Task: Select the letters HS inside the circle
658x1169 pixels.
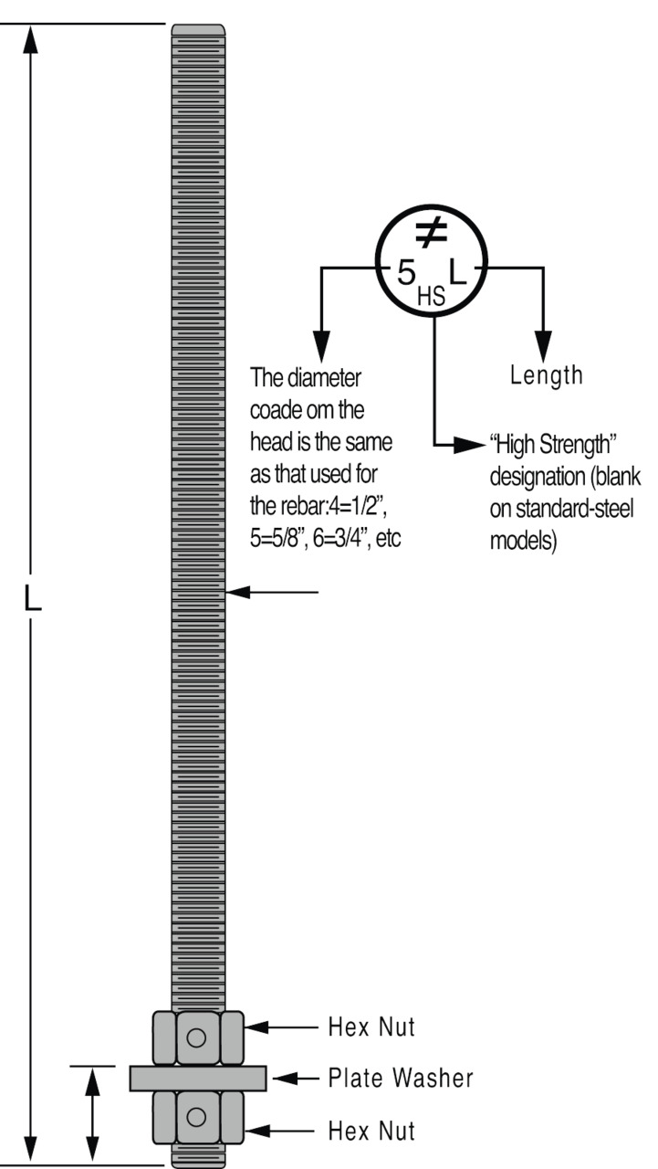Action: coord(431,294)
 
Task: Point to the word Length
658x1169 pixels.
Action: coord(546,374)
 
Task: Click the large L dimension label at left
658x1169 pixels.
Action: coord(32,600)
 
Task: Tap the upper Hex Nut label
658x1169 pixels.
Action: coord(371,1027)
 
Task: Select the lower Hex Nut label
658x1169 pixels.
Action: coord(371,1132)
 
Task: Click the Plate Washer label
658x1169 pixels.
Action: coord(401,1079)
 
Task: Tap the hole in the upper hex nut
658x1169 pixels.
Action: coord(196,1037)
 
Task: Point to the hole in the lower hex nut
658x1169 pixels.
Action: coord(196,1116)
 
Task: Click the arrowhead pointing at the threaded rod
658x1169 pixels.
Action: coord(235,593)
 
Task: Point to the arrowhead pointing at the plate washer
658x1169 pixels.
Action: coord(284,1079)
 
